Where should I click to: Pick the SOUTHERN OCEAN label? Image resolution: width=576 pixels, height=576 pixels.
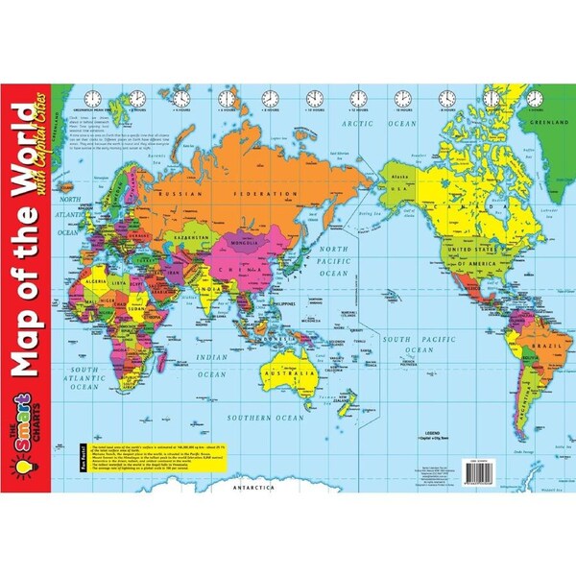[266, 419]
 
